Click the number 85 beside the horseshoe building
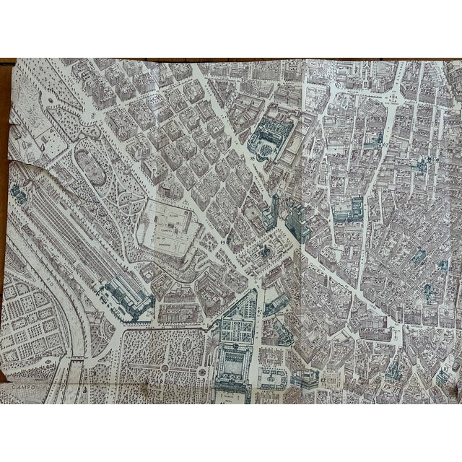[252, 154]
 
